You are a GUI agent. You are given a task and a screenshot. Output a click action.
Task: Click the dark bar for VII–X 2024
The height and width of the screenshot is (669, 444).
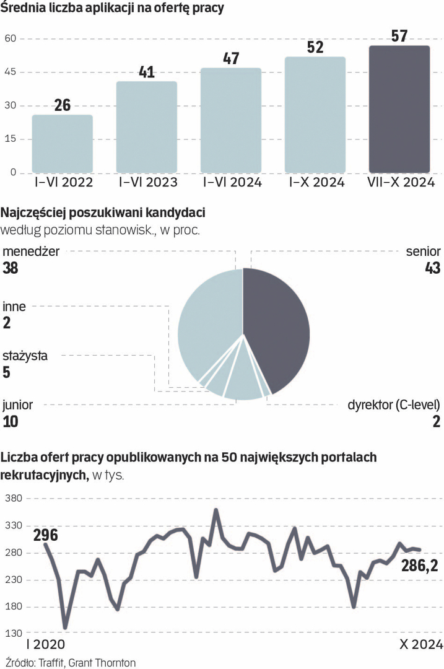click(x=399, y=109)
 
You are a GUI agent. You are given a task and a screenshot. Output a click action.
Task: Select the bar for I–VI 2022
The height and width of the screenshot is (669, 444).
click(x=63, y=144)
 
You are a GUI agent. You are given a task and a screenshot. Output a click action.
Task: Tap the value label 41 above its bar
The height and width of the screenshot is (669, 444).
click(x=147, y=72)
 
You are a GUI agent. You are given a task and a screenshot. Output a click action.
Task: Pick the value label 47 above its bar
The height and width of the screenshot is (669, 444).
click(x=232, y=58)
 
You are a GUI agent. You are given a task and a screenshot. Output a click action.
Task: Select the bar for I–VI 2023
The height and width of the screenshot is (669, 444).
click(x=147, y=127)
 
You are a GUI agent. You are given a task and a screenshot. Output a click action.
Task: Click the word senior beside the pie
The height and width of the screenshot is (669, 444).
click(x=423, y=251)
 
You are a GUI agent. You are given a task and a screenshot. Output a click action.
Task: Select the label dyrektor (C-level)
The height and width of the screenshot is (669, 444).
click(x=394, y=405)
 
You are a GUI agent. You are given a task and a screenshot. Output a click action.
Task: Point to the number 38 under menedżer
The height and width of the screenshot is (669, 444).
click(x=11, y=268)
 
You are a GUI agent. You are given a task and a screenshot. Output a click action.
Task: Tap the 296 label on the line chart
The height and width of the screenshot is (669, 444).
click(x=45, y=535)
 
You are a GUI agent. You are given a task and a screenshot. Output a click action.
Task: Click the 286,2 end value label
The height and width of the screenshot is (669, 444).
click(x=425, y=564)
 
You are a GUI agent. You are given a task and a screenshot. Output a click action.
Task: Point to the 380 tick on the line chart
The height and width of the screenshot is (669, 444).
click(x=13, y=498)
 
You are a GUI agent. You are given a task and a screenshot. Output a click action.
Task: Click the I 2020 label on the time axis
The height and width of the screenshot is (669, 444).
click(x=44, y=644)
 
